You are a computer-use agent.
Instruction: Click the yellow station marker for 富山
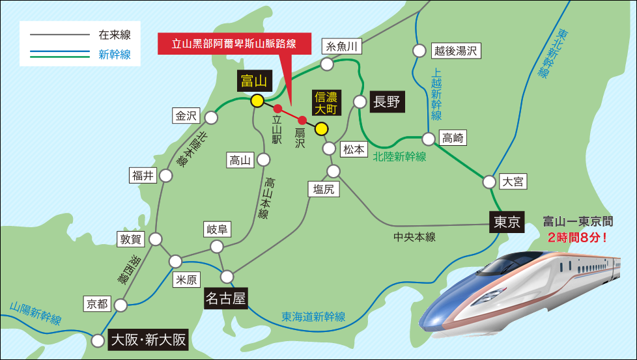tap(257, 100)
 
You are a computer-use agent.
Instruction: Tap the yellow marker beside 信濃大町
tap(320, 128)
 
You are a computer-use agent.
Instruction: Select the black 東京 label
tap(506, 223)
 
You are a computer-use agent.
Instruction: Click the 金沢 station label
tap(186, 116)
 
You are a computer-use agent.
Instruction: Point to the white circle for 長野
tap(360, 102)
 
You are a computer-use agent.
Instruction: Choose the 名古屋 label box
tap(226, 299)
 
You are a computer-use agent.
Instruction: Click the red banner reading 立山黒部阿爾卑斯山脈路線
tap(234, 44)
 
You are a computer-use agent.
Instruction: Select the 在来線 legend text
tap(115, 34)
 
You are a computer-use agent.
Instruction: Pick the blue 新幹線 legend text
tap(115, 55)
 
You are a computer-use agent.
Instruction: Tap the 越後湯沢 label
tap(456, 51)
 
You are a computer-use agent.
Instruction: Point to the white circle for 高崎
tap(429, 139)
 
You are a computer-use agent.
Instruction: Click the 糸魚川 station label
tap(343, 46)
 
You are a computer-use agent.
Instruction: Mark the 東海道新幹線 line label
tap(314, 317)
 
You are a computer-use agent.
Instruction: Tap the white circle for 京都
tap(121, 304)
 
